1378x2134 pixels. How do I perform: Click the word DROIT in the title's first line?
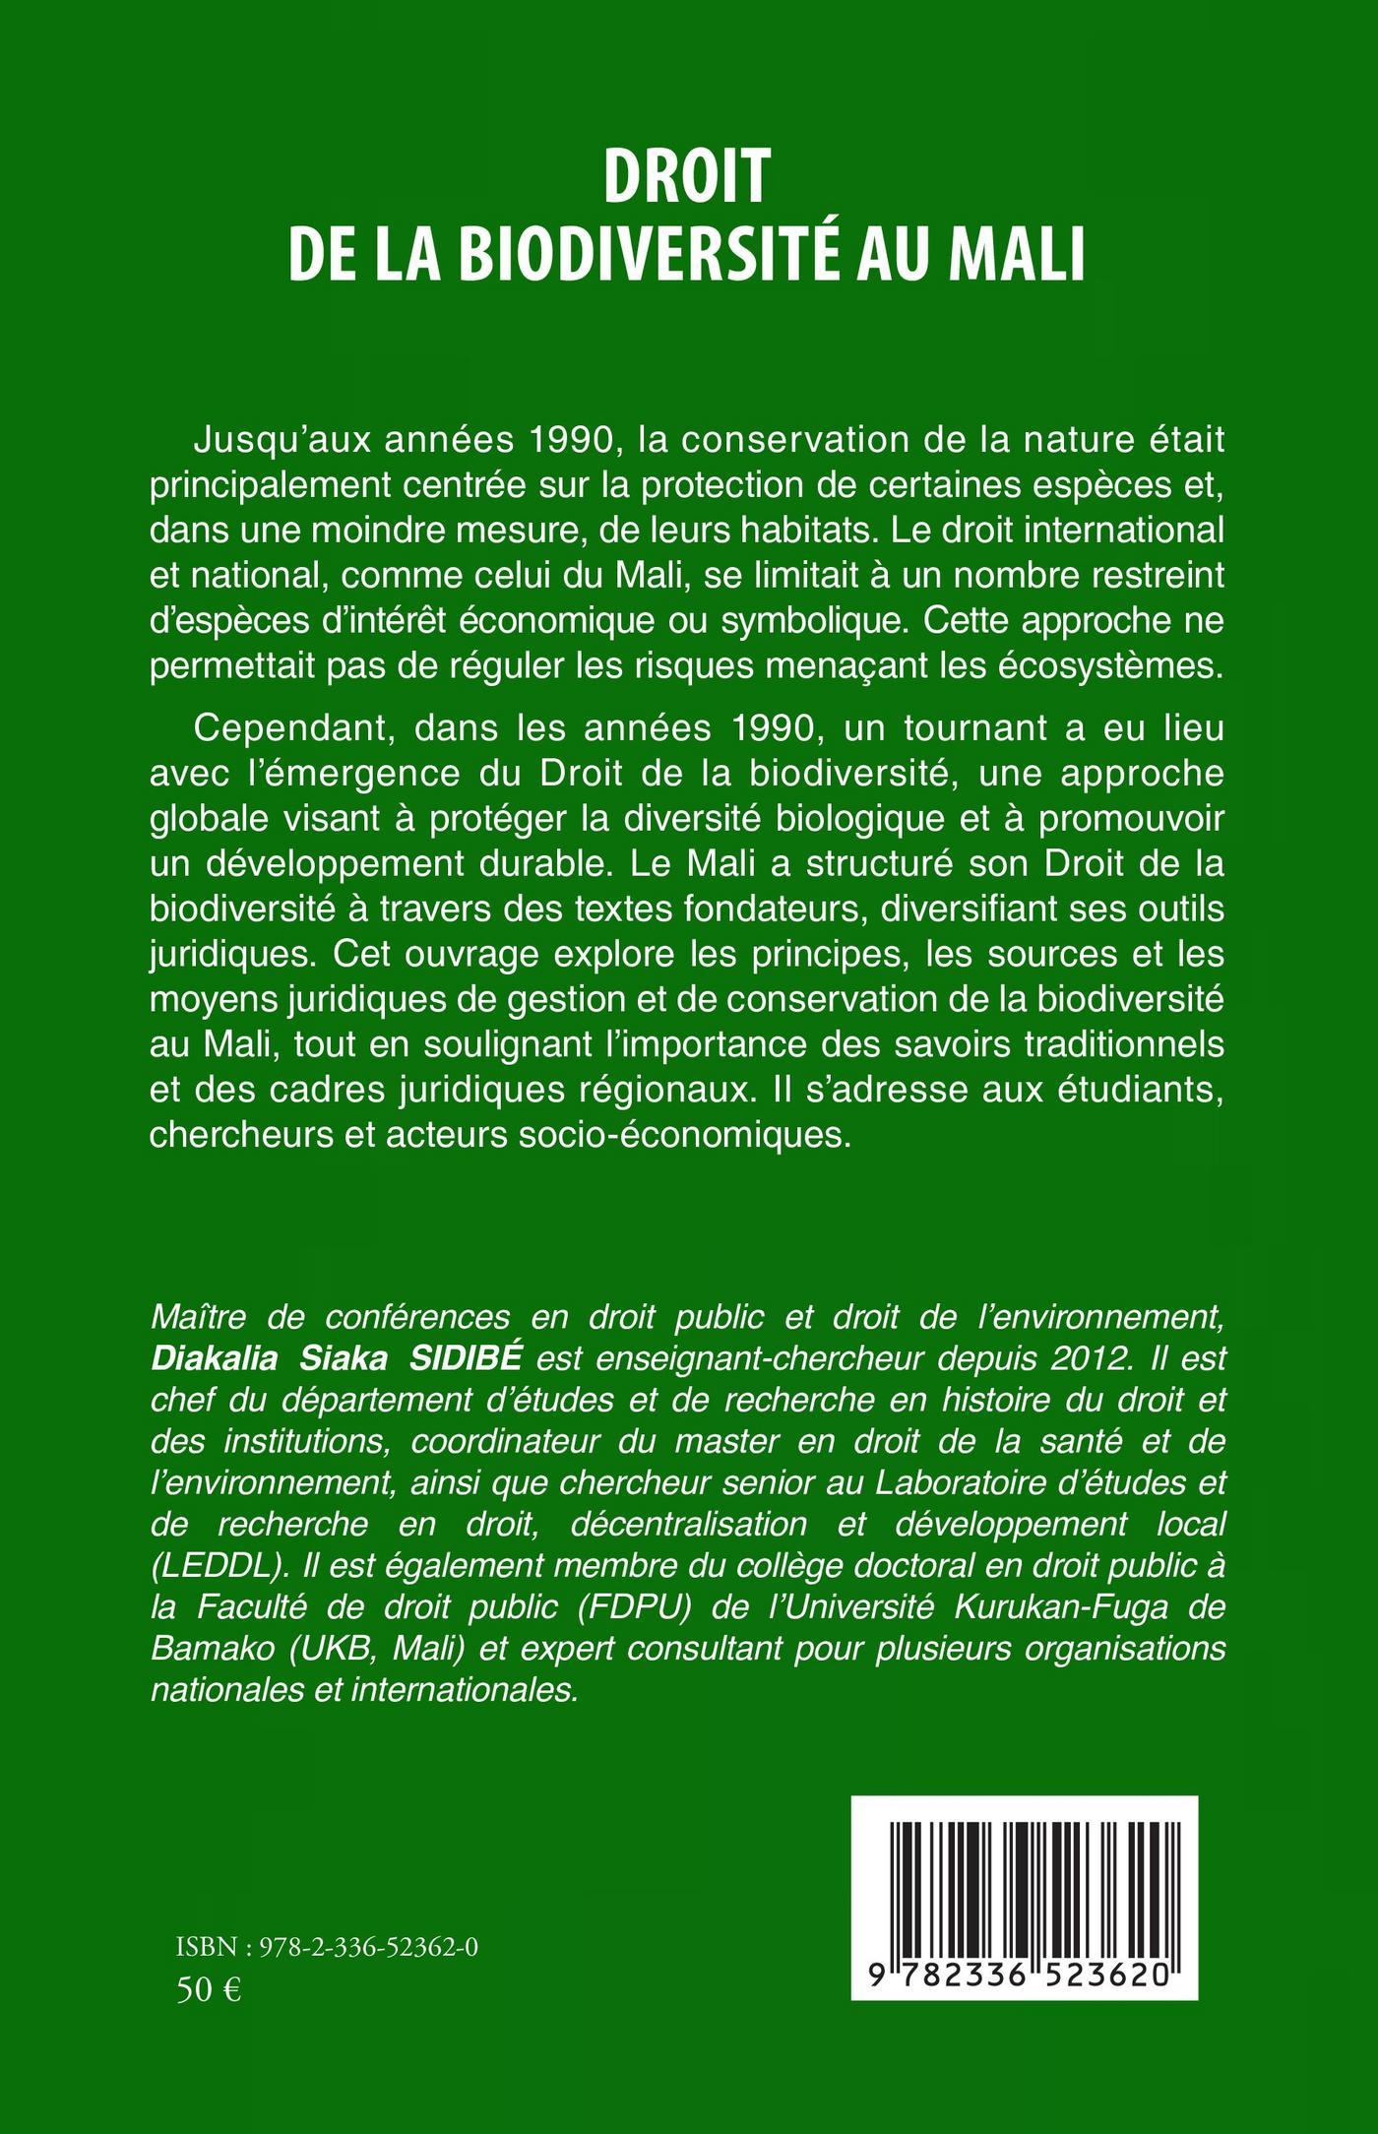pos(687,181)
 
